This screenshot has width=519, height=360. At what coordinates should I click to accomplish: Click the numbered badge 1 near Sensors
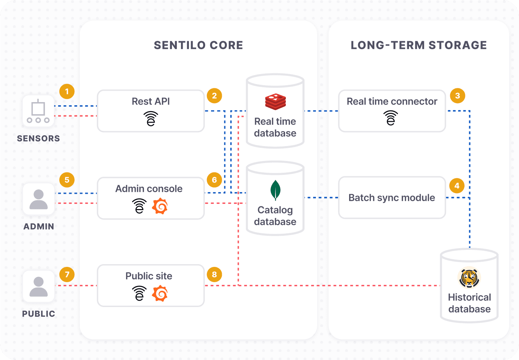pos(67,92)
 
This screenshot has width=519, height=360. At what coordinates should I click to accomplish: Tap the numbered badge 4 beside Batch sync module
pos(457,186)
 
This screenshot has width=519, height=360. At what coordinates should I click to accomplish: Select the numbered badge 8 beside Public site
pos(214,274)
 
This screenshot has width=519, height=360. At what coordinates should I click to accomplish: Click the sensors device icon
pos(38,111)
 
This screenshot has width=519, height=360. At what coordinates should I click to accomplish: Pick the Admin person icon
pos(38,199)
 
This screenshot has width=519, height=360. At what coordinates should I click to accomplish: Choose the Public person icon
pos(38,287)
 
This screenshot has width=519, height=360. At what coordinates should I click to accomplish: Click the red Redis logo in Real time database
pos(275,101)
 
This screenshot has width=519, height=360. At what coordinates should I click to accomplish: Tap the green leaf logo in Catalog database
pos(275,190)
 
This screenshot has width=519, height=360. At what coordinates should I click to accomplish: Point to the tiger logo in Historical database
pos(469,278)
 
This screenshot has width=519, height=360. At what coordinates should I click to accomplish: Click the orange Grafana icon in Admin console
pos(160,206)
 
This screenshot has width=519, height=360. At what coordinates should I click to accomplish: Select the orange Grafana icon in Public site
pos(160,294)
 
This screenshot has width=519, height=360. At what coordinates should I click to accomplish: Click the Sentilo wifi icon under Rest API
pos(151,119)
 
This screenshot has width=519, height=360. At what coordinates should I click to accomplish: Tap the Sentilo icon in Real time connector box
pos(391,118)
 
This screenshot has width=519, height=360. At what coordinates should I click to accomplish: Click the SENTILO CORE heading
pos(198,45)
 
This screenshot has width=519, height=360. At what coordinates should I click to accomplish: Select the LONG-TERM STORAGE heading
pos(419,45)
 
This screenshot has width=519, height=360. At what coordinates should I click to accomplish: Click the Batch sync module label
pos(392,198)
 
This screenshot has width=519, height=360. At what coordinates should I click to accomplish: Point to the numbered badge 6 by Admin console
pos(214,180)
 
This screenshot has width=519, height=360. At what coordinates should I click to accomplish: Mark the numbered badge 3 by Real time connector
pos(457,96)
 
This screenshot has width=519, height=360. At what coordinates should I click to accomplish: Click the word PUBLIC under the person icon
pos(38,314)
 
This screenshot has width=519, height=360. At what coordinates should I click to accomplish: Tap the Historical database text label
pos(469,303)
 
